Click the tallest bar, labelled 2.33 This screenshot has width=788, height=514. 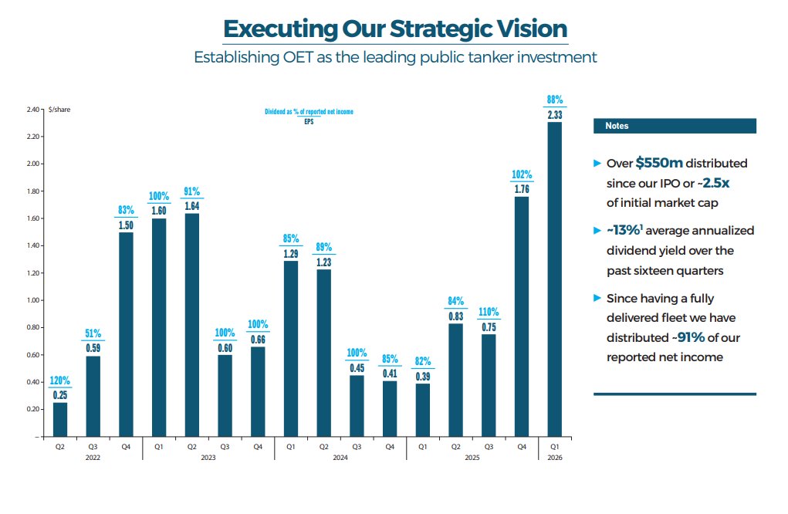pyautogui.click(x=554, y=279)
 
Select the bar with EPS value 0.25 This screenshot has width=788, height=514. pyautogui.click(x=60, y=420)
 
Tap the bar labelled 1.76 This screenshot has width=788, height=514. pyautogui.click(x=522, y=316)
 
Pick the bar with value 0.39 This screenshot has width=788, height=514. pyautogui.click(x=423, y=410)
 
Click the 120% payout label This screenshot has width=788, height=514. pyautogui.click(x=59, y=380)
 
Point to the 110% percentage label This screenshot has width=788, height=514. pyautogui.click(x=489, y=312)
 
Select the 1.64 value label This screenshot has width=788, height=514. pyautogui.click(x=192, y=206)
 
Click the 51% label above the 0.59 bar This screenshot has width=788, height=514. pyautogui.click(x=93, y=333)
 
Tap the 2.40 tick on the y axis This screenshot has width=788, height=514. pyautogui.click(x=32, y=110)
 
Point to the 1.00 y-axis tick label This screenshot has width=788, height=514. pyautogui.click(x=32, y=300)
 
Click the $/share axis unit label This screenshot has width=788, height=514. pyautogui.click(x=59, y=110)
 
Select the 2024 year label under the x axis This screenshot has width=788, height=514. pyautogui.click(x=340, y=458)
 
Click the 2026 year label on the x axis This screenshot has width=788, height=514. pyautogui.click(x=555, y=458)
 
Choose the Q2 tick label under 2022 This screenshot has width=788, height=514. pyautogui.click(x=59, y=447)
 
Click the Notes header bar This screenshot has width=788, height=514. pyautogui.click(x=675, y=126)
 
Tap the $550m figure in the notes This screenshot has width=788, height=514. pyautogui.click(x=659, y=163)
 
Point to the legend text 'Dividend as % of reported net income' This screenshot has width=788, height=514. pyautogui.click(x=309, y=112)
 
